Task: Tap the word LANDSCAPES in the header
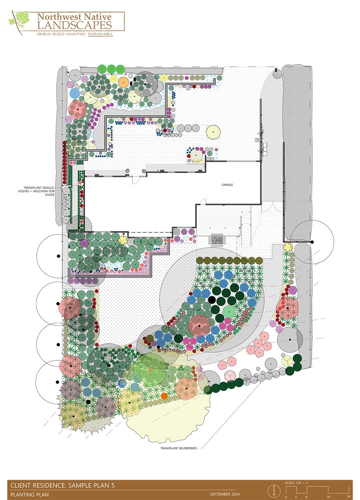74,25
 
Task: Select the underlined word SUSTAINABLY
100,34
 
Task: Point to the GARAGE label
227,185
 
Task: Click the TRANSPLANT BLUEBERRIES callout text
179,448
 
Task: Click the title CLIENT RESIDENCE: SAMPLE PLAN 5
63,485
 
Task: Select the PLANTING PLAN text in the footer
30,495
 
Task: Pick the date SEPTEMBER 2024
224,494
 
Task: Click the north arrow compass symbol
274,491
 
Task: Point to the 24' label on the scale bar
349,496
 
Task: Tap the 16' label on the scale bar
328,496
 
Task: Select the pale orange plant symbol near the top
123,82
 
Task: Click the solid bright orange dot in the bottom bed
164,396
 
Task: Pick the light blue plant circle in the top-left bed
75,93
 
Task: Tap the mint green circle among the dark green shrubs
229,312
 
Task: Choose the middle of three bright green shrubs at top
111,69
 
